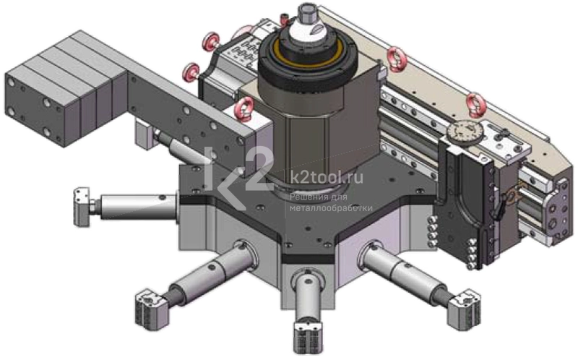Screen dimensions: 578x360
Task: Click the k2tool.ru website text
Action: (x=327, y=178)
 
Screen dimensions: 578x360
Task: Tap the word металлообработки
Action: (x=331, y=208)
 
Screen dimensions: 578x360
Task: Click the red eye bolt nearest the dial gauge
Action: (x=475, y=104)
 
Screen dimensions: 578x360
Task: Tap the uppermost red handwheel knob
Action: (x=211, y=41)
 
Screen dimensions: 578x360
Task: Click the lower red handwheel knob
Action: (x=191, y=72)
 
